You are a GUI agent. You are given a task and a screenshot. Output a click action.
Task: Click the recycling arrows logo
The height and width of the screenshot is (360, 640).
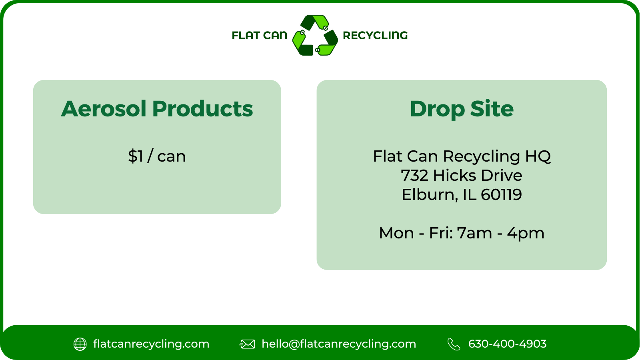[315, 35]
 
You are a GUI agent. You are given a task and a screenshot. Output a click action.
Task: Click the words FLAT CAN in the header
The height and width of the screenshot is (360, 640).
[259, 36]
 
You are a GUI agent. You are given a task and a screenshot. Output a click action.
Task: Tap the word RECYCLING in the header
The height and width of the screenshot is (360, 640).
[375, 36]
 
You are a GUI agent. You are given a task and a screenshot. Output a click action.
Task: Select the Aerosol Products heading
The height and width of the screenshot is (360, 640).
[157, 109]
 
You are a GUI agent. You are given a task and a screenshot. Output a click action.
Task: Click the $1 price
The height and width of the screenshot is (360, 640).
[136, 156]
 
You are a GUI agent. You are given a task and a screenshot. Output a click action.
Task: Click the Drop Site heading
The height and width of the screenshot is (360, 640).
[462, 109]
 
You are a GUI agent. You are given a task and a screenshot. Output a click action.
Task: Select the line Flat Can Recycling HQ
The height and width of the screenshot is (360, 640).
[462, 156]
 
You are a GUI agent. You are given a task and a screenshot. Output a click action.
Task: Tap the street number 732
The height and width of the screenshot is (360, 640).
[414, 176]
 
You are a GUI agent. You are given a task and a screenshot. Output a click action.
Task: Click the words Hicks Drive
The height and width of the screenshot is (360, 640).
[478, 176]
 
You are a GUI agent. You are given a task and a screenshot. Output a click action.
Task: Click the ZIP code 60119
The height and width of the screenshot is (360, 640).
[501, 195]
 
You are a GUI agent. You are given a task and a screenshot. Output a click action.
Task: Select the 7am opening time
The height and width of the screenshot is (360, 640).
[474, 233]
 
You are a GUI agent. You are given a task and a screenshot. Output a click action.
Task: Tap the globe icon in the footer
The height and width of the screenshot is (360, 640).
[80, 344]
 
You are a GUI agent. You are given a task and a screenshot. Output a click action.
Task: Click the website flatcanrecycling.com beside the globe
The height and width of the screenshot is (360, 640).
[151, 344]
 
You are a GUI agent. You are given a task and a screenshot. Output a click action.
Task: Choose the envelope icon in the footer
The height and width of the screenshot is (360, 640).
[247, 344]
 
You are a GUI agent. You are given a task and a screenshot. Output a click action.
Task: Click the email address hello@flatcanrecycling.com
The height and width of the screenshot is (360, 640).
[339, 344]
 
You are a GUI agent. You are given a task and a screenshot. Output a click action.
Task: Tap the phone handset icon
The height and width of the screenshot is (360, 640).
[454, 344]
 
